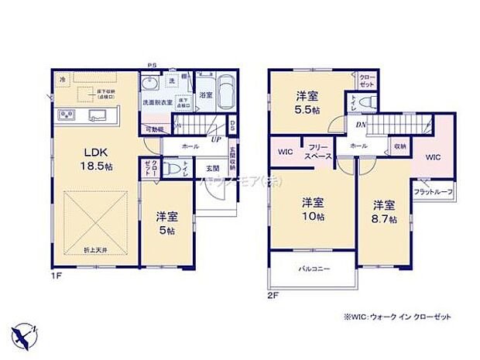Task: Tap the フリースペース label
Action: point(319,152)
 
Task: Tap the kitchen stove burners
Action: point(65,116)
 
